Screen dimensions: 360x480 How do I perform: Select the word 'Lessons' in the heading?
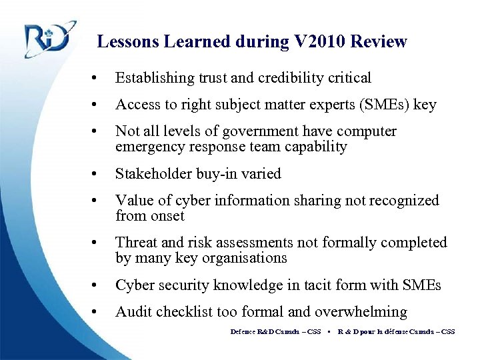pos(129,42)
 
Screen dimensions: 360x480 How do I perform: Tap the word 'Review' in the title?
pos(379,42)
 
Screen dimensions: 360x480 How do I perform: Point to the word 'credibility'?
pos(290,78)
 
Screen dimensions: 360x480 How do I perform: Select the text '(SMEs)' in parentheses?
pos(383,105)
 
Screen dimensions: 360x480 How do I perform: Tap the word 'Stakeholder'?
pos(153,174)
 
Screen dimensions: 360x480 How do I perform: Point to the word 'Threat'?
pos(135,243)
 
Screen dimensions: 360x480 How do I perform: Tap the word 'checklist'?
pos(186,312)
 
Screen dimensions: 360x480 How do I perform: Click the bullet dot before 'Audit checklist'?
pos(98,313)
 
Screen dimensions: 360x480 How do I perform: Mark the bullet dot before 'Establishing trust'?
pos(98,79)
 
